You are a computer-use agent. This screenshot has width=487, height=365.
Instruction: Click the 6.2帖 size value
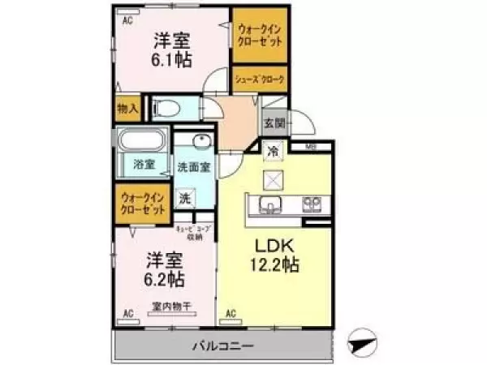pyautogui.click(x=165, y=279)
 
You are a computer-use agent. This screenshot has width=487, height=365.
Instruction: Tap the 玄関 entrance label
pyautogui.click(x=274, y=124)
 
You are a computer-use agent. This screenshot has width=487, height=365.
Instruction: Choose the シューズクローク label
pyautogui.click(x=259, y=79)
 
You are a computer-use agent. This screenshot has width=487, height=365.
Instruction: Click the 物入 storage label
pyautogui.click(x=127, y=108)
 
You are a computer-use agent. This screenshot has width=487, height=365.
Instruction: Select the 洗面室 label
pyautogui.click(x=194, y=168)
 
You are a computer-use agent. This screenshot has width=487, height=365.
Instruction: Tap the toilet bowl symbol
pyautogui.click(x=162, y=107)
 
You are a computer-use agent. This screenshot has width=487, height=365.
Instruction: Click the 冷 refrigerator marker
pyautogui.click(x=274, y=151)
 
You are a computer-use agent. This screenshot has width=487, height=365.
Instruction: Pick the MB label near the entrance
pyautogui.click(x=311, y=147)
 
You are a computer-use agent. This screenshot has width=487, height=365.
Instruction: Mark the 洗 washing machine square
pyautogui.click(x=186, y=197)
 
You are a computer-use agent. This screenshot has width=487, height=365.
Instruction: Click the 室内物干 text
pyautogui.click(x=170, y=306)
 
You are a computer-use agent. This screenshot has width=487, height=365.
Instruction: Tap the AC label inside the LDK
pyautogui.click(x=231, y=313)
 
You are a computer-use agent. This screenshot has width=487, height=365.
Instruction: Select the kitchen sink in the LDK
pyautogui.click(x=270, y=203)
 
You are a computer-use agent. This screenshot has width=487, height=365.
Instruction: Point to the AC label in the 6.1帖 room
pyautogui.click(x=127, y=22)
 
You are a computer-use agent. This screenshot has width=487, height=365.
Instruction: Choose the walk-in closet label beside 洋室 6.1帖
pyautogui.click(x=259, y=35)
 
